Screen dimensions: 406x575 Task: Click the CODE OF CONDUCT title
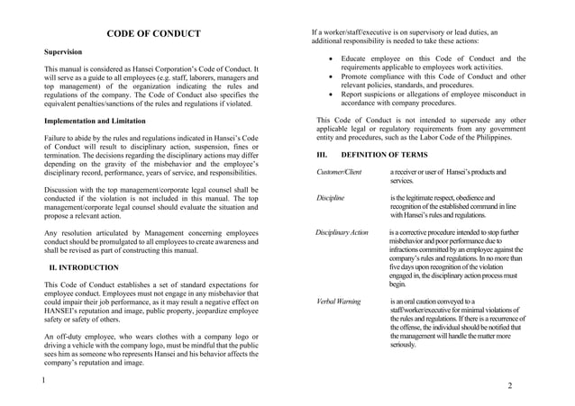coord(153,34)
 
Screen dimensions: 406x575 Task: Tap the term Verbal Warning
coord(339,301)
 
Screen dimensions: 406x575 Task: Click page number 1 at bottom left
coord(43,380)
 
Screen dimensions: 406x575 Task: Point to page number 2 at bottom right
coord(510,385)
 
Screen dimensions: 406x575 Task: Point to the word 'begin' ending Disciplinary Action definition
coord(398,284)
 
